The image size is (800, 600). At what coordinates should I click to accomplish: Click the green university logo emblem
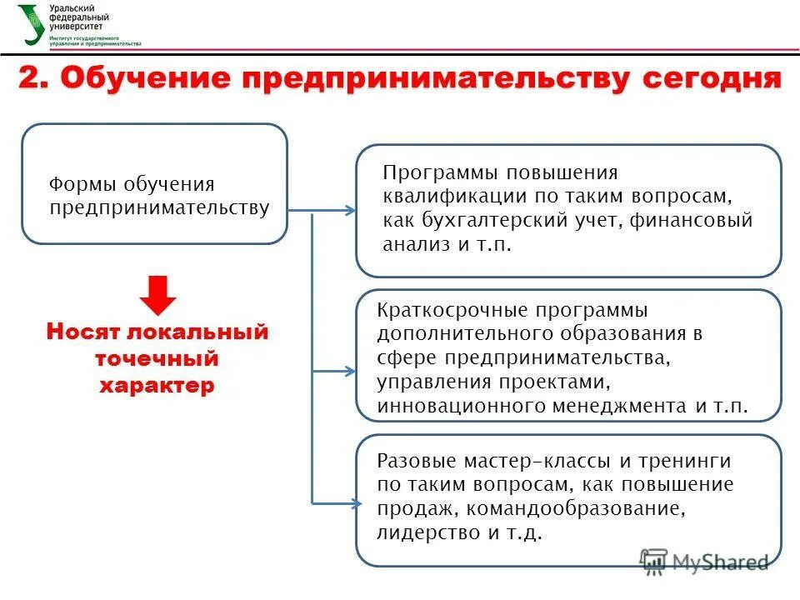(31, 22)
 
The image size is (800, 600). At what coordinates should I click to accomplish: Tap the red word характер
(157, 386)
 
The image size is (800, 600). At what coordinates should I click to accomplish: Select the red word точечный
(157, 359)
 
